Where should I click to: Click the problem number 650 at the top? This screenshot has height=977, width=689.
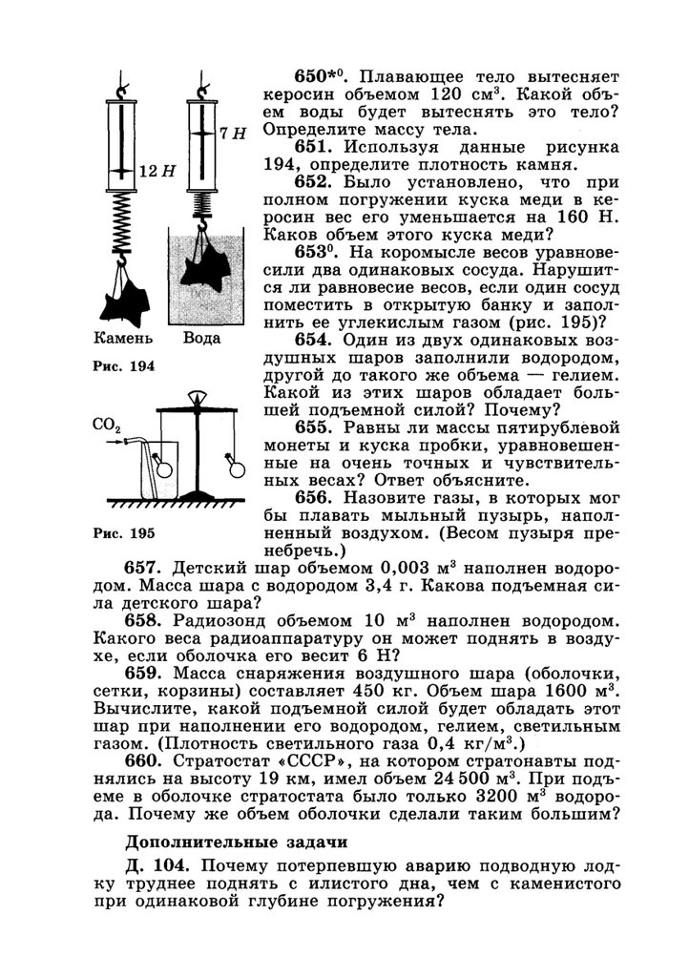click(x=314, y=75)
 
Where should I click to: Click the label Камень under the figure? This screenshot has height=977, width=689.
click(x=123, y=338)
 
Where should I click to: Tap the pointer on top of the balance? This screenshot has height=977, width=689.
click(x=198, y=397)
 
